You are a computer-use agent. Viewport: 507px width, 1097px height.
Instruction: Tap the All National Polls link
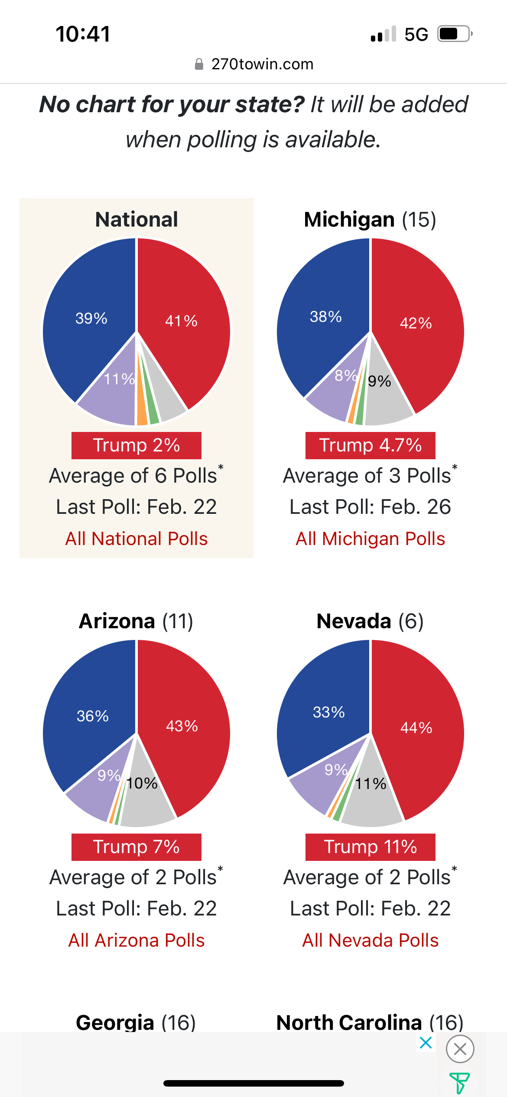pos(136,539)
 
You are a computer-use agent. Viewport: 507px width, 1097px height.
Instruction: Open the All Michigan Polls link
pos(370,539)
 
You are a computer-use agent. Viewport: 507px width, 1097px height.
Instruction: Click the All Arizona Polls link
pos(136,940)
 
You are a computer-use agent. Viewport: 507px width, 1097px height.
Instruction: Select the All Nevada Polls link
pos(370,940)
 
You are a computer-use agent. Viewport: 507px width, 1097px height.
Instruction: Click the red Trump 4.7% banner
pos(370,445)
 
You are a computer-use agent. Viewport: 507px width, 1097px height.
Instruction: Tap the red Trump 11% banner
pos(370,847)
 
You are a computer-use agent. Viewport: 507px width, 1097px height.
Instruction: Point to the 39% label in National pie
pos(91,318)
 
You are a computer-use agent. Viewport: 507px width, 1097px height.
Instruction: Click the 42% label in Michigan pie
pos(416,323)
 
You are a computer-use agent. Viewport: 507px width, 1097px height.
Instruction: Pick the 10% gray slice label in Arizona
pos(142,783)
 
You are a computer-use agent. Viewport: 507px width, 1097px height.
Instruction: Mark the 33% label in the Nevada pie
pos(328,712)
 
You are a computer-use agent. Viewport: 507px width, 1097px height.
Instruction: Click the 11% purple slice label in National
pos(119,379)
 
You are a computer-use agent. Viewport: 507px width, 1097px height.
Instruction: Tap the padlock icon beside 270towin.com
pos(199,64)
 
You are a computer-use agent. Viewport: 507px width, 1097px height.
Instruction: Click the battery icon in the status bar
pos(454,34)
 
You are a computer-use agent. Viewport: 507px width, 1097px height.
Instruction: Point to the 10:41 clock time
pos(83,34)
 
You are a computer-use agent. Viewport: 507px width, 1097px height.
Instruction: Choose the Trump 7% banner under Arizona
pos(136,847)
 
